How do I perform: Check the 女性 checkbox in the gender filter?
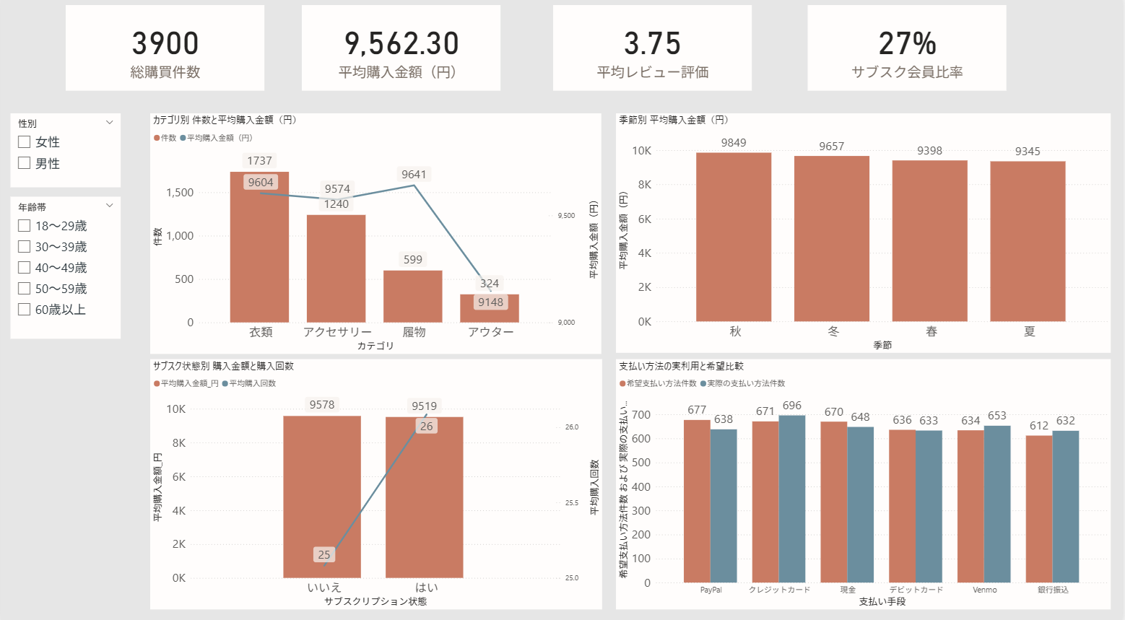click(x=24, y=142)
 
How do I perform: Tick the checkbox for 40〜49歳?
click(x=24, y=268)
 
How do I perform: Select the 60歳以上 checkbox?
click(x=24, y=309)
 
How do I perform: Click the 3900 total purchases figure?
click(x=165, y=43)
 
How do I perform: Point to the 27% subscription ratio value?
click(x=907, y=43)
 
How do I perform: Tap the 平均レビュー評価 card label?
click(x=653, y=72)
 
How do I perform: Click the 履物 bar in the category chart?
click(x=413, y=296)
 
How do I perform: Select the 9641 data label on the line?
click(x=414, y=174)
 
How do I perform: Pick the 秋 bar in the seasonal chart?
click(x=734, y=237)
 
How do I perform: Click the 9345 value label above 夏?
click(x=1028, y=151)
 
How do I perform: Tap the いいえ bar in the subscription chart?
click(x=322, y=497)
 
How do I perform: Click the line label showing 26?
click(x=427, y=427)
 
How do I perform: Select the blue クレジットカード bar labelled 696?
click(x=792, y=499)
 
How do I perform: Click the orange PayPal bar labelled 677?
click(x=697, y=501)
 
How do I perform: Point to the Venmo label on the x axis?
click(x=984, y=590)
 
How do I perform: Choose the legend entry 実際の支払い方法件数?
click(x=742, y=383)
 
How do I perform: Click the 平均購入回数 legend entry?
click(x=249, y=383)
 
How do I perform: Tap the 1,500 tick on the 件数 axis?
click(x=180, y=192)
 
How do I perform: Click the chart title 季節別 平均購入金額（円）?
click(x=674, y=120)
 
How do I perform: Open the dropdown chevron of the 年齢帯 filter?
click(x=110, y=206)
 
